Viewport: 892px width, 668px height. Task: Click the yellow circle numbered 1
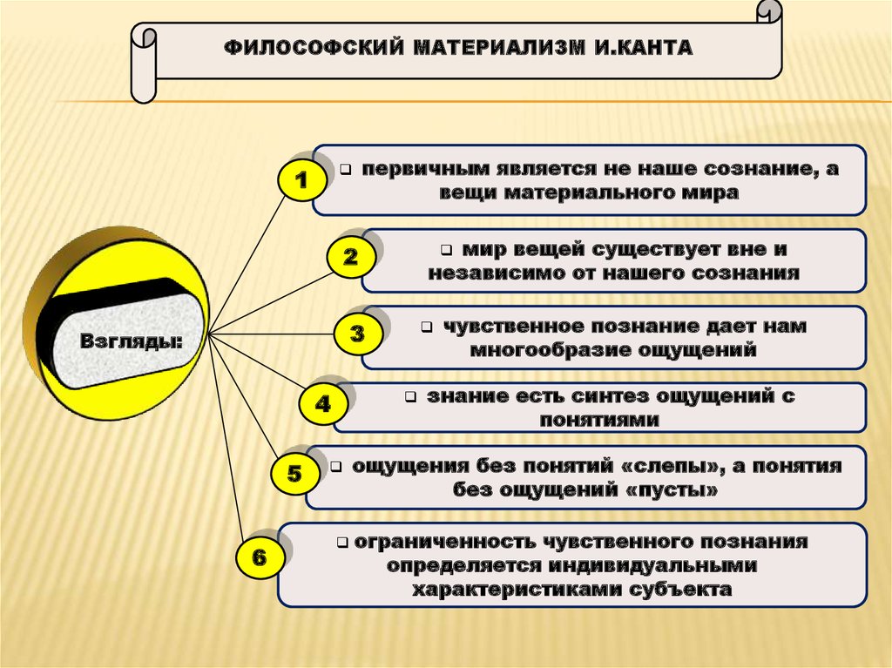(301, 181)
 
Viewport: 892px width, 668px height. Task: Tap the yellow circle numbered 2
(351, 257)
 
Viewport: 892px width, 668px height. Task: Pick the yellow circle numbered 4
(323, 404)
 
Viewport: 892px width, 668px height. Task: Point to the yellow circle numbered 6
(259, 557)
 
